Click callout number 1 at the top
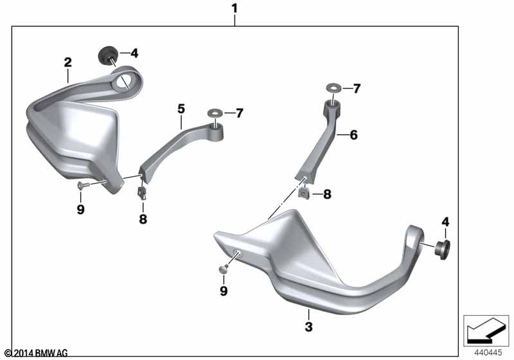[234, 8]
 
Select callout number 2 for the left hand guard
[67, 62]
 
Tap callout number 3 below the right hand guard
[308, 327]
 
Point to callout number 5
[181, 109]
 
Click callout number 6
[354, 135]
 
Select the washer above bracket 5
[215, 114]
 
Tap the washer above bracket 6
[333, 88]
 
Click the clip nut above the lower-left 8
[142, 192]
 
